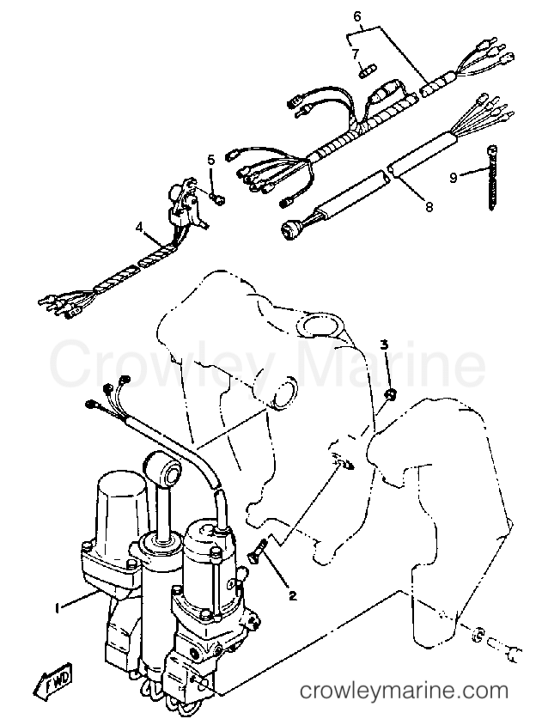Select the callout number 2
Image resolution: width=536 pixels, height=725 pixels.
pos(292,595)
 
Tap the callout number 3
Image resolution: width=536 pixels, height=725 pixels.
pos(384,344)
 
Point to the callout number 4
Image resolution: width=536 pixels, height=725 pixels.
pos(140,227)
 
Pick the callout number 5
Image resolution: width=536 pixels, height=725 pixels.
pos(211,160)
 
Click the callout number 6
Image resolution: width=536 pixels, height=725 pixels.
pos(357,16)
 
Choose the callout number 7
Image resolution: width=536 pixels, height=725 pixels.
pos(355,54)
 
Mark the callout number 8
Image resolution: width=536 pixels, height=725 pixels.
pos(429,207)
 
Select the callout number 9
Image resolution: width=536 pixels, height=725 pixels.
pos(454,177)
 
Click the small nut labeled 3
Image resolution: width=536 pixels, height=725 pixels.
pos(391,394)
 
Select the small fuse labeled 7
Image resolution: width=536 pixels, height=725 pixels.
pos(368,71)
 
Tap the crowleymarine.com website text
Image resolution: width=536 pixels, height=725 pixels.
pos(404,691)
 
